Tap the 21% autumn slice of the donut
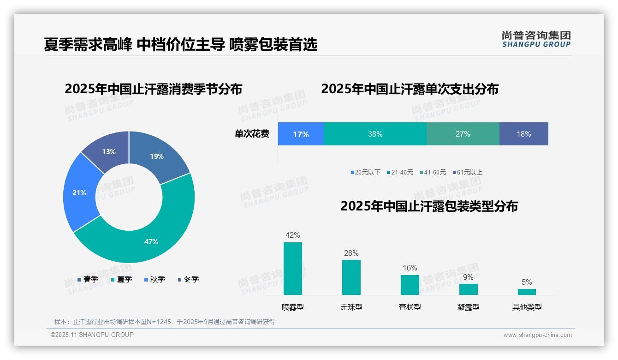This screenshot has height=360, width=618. pyautogui.click(x=79, y=192)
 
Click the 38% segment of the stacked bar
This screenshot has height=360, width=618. pyautogui.click(x=375, y=134)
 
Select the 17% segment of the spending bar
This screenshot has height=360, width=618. pyautogui.click(x=301, y=134)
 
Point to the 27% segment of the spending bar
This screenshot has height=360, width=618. pyautogui.click(x=463, y=134)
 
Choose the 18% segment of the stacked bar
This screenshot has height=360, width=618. pyautogui.click(x=524, y=134)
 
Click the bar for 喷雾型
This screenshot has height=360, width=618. pyautogui.click(x=293, y=268)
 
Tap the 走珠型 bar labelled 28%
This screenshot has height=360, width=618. pyautogui.click(x=351, y=277)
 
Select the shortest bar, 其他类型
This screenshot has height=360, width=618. pyautogui.click(x=527, y=292)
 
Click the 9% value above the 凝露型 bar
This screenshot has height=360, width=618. pyautogui.click(x=468, y=277)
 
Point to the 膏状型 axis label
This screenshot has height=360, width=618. pyautogui.click(x=410, y=307)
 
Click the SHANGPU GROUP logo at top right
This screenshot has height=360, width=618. pyautogui.click(x=536, y=39)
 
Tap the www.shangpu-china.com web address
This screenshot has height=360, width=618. pyautogui.click(x=537, y=335)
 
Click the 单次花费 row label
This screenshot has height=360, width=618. pyautogui.click(x=252, y=134)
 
